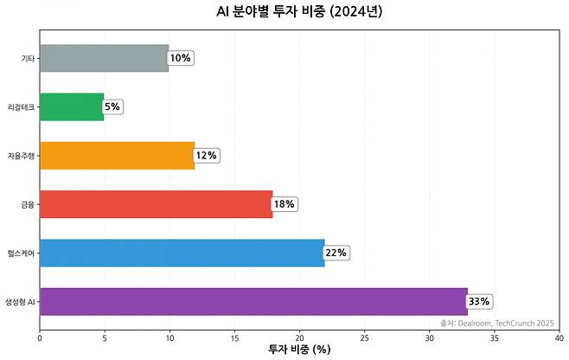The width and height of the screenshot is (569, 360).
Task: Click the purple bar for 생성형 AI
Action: (x=253, y=301)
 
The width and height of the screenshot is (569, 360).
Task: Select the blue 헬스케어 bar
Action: (x=182, y=253)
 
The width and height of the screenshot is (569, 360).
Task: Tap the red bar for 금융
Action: (x=156, y=204)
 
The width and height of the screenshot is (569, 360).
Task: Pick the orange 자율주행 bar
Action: (x=117, y=156)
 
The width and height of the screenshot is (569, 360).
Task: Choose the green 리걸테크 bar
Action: (x=72, y=106)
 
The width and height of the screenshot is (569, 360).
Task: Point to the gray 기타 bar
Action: (x=104, y=58)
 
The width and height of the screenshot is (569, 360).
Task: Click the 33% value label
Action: (x=479, y=302)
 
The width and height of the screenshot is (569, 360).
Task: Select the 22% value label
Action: (x=336, y=253)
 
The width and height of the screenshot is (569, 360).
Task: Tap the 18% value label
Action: (x=284, y=204)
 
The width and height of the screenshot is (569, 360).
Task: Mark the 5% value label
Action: (x=112, y=106)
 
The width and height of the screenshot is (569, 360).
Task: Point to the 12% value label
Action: (x=206, y=156)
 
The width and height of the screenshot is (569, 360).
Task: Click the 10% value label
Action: (x=180, y=58)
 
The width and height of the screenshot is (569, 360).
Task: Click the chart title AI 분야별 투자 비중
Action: (x=299, y=12)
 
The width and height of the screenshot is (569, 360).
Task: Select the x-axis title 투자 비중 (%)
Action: (x=299, y=350)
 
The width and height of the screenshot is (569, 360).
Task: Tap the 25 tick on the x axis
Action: (x=365, y=337)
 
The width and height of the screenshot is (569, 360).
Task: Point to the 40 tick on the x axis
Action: (x=559, y=337)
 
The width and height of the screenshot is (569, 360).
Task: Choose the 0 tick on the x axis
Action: (x=40, y=337)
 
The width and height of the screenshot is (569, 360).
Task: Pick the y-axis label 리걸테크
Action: (x=22, y=106)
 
